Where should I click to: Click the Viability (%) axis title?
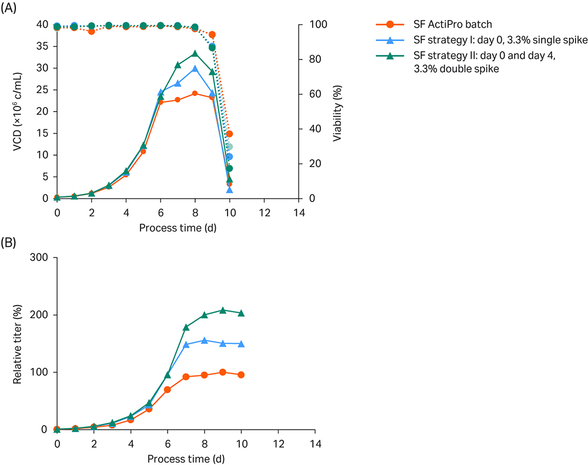point(337,112)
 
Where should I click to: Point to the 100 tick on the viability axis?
point(309,25)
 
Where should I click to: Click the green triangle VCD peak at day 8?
point(195,53)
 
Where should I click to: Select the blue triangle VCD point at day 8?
point(195,69)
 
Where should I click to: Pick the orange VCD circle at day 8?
point(195,93)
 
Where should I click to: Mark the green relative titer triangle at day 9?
point(223,310)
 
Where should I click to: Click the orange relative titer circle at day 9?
point(223,372)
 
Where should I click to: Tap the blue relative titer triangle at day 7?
point(186,344)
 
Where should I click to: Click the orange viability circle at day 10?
point(229,134)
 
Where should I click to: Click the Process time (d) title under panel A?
point(178,228)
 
